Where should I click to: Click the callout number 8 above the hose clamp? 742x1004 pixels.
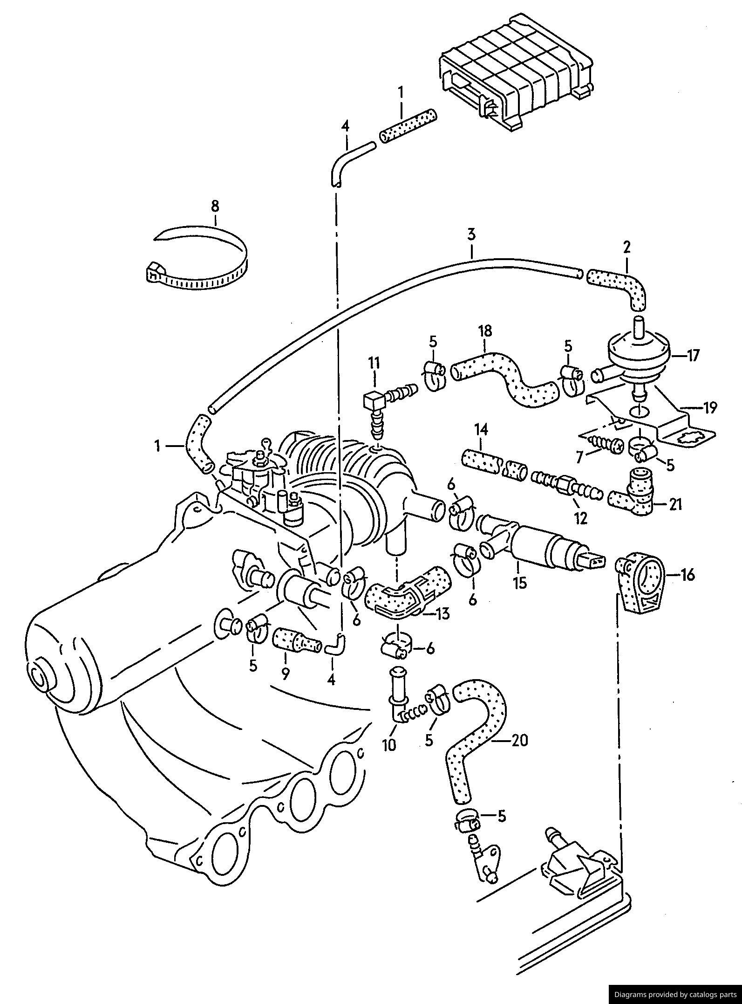215,206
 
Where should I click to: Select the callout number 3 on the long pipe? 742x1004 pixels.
471,234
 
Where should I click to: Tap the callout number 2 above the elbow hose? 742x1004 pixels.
626,248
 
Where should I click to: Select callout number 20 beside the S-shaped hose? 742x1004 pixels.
520,740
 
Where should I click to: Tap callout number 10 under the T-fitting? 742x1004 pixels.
389,745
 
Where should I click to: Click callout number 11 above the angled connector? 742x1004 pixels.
374,362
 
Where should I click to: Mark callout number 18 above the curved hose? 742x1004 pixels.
484,331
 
